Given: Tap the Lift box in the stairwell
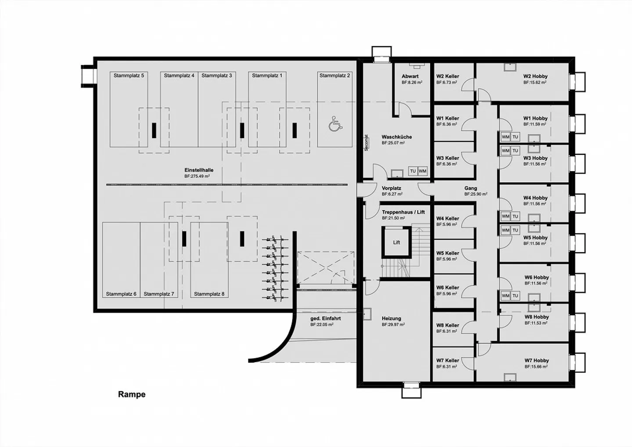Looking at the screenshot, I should [x=396, y=242].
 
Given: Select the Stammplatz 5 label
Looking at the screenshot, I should [x=129, y=76].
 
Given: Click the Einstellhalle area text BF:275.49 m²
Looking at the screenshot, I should [x=197, y=176].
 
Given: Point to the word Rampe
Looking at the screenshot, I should [x=132, y=394].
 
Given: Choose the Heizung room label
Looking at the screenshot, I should [x=391, y=319].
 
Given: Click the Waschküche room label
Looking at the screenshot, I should [x=396, y=137].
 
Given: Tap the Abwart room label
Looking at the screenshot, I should [x=410, y=76].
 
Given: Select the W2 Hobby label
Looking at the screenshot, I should [x=535, y=76].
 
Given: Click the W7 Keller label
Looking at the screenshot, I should [x=448, y=360].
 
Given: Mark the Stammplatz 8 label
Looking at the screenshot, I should [x=209, y=294].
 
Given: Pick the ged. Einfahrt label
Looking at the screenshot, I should [x=325, y=319].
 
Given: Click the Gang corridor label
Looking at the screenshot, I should [x=470, y=188].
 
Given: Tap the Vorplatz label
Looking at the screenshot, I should [x=391, y=188].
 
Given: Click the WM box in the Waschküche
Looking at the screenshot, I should [x=422, y=171].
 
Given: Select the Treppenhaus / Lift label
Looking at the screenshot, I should [x=403, y=212].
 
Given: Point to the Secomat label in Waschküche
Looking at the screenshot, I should [x=366, y=143].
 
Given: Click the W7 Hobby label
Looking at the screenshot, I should [x=536, y=360].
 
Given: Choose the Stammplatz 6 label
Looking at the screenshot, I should [x=121, y=294].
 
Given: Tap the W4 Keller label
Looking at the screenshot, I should [x=448, y=219].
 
